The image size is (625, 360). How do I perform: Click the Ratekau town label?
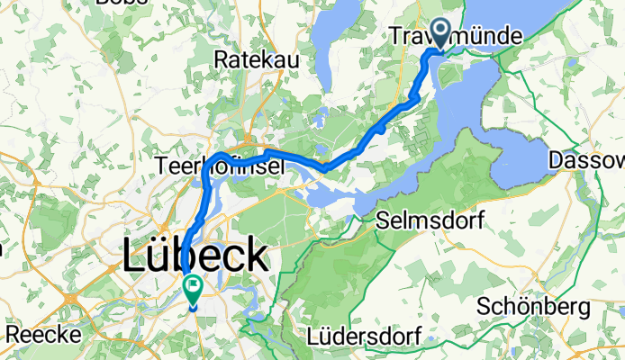pos(252,58)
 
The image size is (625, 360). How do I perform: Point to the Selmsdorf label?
pos(430,220)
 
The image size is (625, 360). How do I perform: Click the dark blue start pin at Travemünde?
pos(441,32)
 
